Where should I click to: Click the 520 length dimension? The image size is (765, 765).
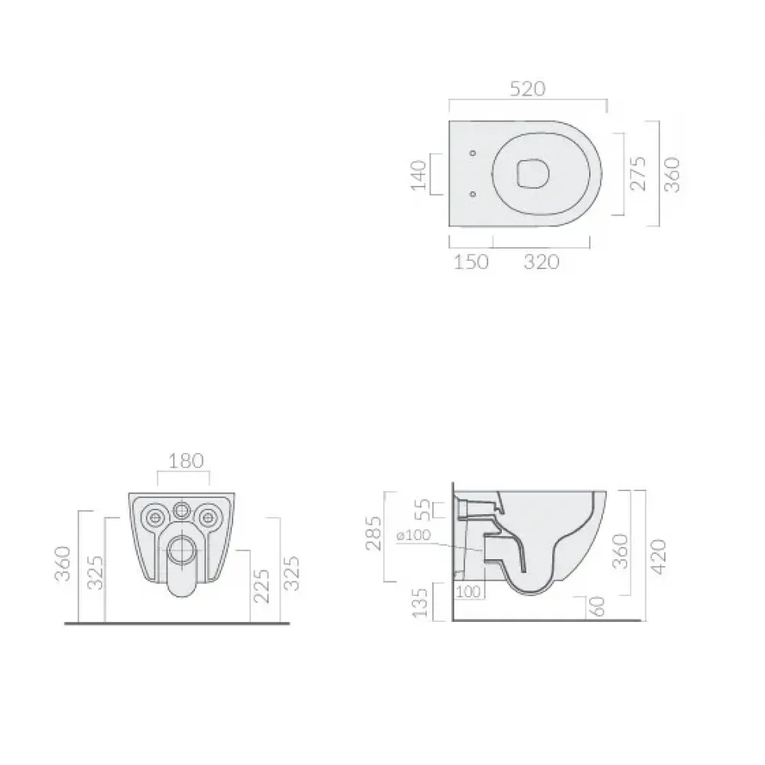click(x=527, y=89)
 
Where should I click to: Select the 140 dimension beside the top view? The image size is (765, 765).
click(x=418, y=174)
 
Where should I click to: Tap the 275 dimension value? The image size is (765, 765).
click(x=638, y=173)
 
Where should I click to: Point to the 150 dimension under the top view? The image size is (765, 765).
click(x=470, y=262)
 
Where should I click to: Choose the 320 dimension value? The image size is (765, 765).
click(x=542, y=262)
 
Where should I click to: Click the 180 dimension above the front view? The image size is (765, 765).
click(x=186, y=461)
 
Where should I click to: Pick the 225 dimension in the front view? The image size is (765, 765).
click(x=262, y=586)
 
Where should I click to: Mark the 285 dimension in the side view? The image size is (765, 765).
click(x=374, y=533)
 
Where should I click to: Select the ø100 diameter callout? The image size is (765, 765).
click(x=414, y=535)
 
